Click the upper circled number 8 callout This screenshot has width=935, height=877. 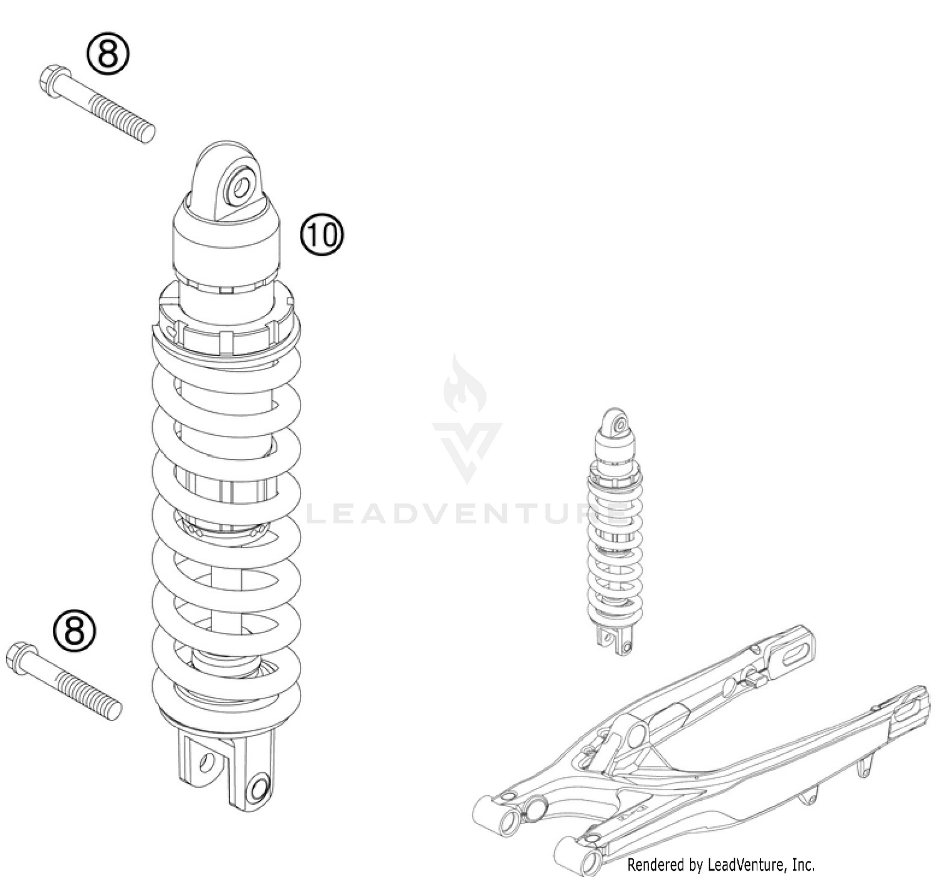coord(108,54)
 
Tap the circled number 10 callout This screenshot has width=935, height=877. coord(322,235)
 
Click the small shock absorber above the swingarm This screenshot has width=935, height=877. coord(615,530)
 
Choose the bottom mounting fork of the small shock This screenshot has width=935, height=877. coord(615,639)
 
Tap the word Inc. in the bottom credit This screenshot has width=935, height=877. coord(803,865)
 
